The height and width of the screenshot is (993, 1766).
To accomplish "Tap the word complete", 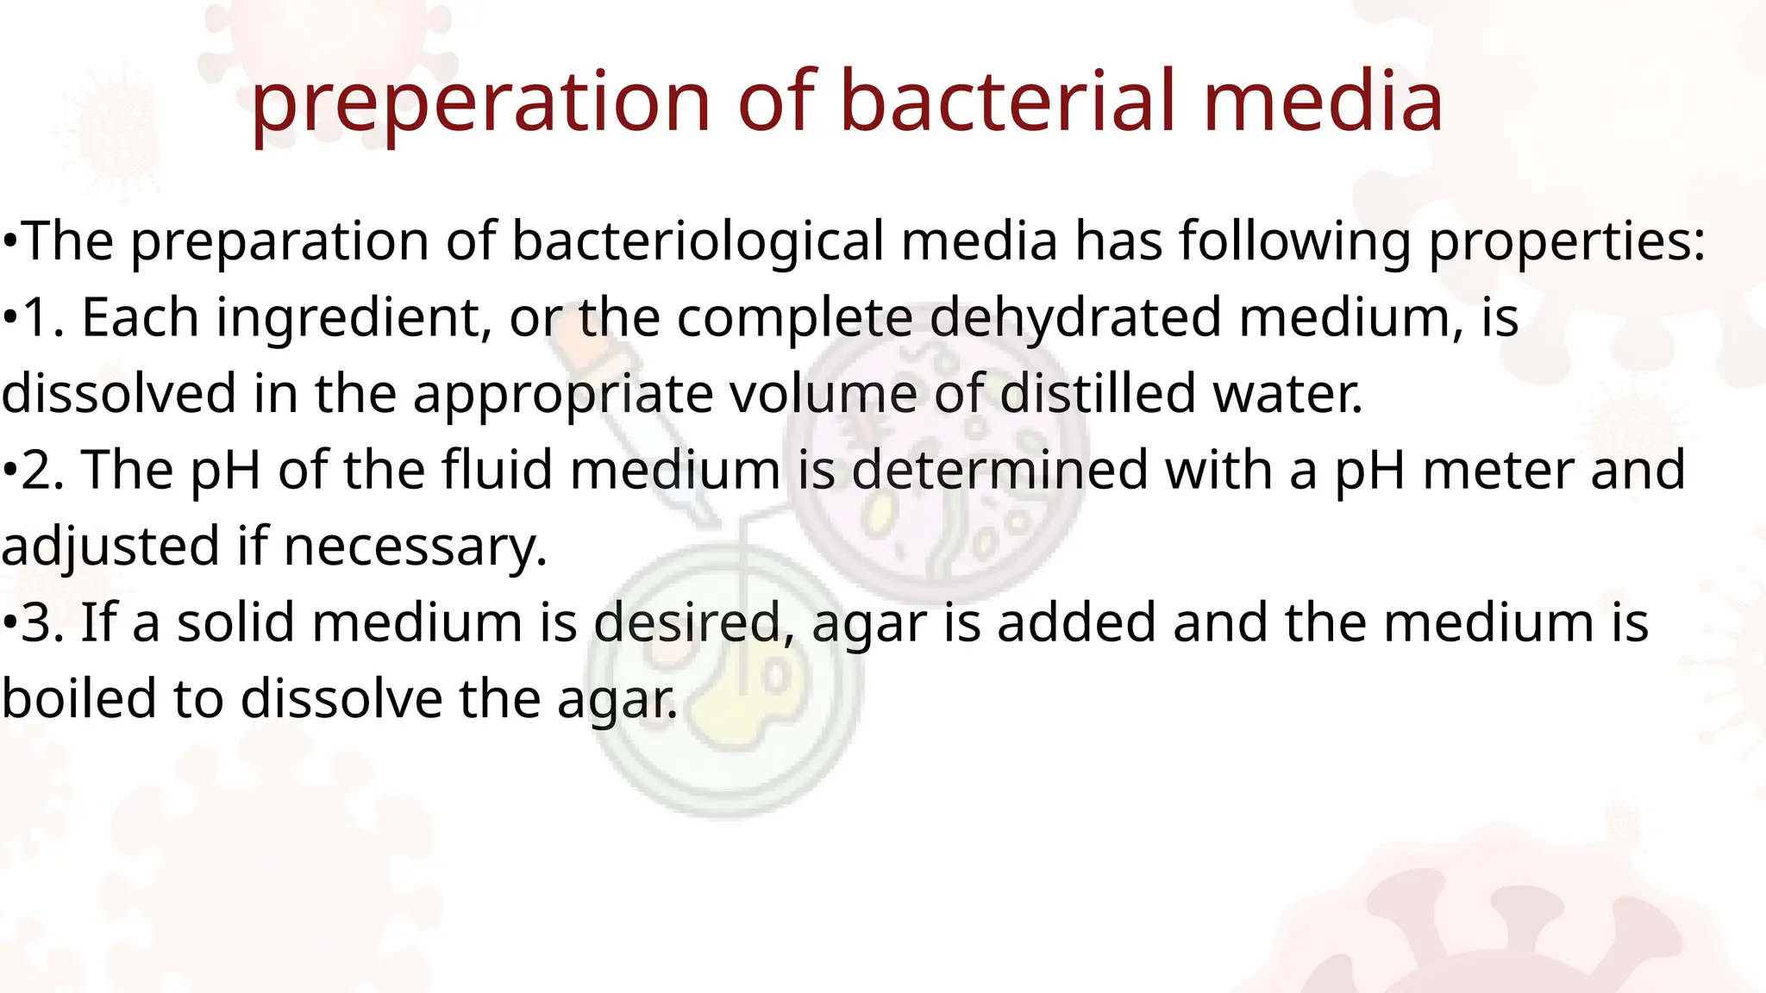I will [x=794, y=318].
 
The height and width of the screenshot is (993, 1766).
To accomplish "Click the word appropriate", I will [x=564, y=395].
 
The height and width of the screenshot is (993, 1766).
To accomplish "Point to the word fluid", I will [x=497, y=470].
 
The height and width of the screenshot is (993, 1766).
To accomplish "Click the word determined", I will [x=1000, y=470].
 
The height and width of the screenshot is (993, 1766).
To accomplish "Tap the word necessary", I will [x=415, y=547].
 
